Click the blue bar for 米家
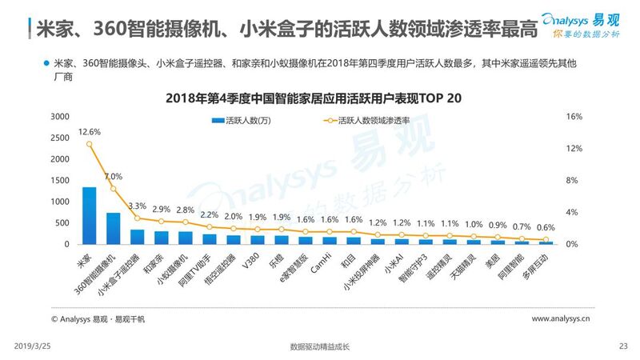[89, 215]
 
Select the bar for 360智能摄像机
[113, 228]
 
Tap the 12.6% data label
[89, 132]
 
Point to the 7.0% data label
[113, 177]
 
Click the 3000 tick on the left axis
[60, 117]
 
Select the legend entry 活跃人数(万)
[245, 122]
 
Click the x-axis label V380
[254, 261]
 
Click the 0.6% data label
[546, 227]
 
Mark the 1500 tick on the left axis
[60, 180]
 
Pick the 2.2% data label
[209, 214]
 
